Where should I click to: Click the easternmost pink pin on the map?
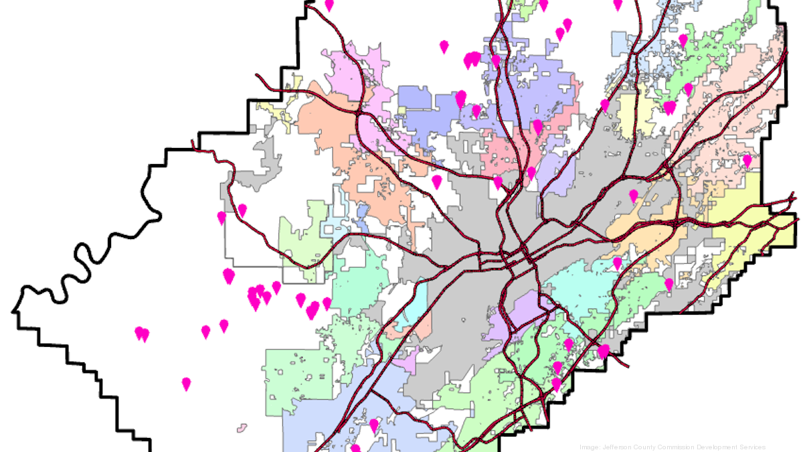tap(747, 161)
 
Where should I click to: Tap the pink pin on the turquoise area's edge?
tap(617, 263)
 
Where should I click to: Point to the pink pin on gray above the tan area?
tap(633, 196)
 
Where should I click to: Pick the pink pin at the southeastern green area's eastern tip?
tap(603, 352)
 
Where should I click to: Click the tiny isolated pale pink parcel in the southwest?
tap(242, 426)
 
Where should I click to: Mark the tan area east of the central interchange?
tap(642, 234)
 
